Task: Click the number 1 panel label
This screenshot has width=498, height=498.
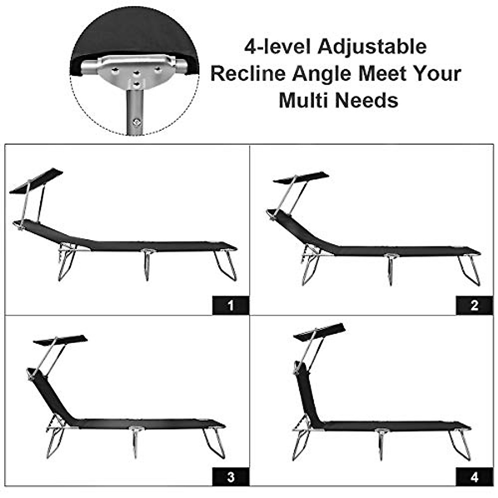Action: [x=231, y=306]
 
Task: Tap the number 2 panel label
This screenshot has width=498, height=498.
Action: [x=474, y=306]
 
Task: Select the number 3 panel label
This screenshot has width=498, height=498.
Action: [x=231, y=477]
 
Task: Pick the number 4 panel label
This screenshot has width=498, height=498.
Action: [x=474, y=477]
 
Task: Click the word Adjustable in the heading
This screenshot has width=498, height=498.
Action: [x=372, y=46]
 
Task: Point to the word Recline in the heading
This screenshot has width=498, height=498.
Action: [x=248, y=74]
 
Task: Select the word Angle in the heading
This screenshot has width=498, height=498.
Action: [x=321, y=74]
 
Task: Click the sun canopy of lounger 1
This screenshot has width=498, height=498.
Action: [x=37, y=181]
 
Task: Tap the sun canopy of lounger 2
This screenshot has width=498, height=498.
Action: [x=301, y=178]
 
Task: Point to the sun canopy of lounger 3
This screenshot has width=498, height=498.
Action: [x=60, y=339]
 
